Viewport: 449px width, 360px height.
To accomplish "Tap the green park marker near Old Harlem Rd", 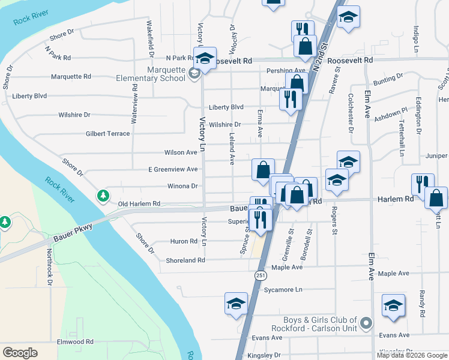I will (104, 196).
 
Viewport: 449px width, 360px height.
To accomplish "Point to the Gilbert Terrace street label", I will (107, 133).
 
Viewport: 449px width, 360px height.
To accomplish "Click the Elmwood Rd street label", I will (75, 342).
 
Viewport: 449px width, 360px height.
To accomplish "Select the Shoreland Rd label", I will (186, 260).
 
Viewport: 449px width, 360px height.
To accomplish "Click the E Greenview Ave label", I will (173, 169).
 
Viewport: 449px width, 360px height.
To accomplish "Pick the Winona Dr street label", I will (182, 186).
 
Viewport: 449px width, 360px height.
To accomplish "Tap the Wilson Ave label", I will (180, 152).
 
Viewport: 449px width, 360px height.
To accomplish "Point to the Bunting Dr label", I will (387, 77).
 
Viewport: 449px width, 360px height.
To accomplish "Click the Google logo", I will (20, 352).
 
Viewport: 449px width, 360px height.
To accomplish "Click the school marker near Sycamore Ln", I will (236, 303).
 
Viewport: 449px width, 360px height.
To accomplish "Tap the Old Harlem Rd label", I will (139, 204).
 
